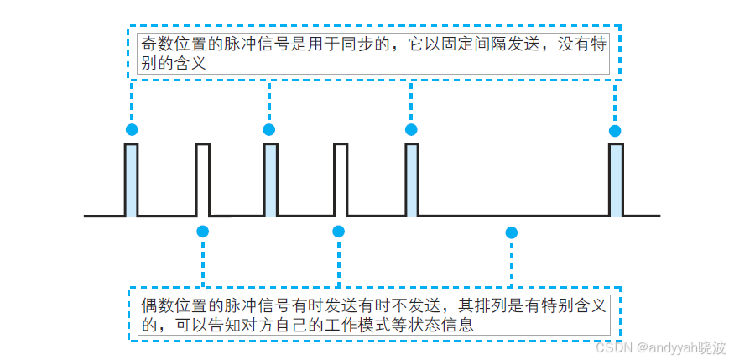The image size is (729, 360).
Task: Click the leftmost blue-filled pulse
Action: [131, 180]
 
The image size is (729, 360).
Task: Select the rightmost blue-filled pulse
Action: [616, 180]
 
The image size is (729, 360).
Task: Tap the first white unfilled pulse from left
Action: [203, 180]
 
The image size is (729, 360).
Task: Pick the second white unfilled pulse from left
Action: [340, 180]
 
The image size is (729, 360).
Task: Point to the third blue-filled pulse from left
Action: [411, 180]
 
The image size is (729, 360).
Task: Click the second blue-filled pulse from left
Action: [270, 180]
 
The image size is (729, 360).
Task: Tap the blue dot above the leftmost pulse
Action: [131, 129]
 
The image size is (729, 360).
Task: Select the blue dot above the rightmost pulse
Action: [615, 130]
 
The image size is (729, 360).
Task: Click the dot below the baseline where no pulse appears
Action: [512, 232]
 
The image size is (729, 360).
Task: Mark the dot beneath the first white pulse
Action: [202, 232]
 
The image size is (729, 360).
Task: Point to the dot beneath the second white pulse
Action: [339, 232]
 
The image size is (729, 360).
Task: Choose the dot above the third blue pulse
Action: [411, 129]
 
